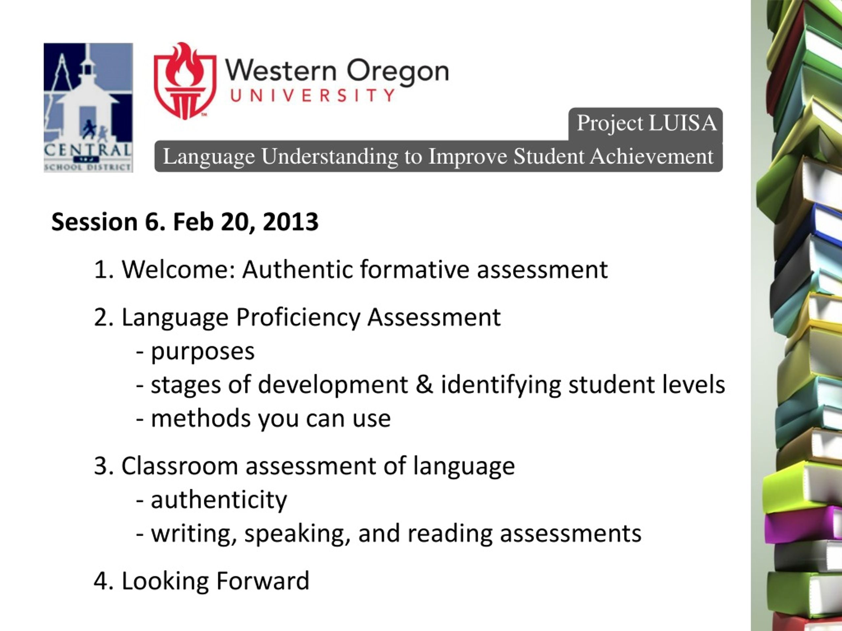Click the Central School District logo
[x=88, y=108]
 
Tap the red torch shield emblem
[x=185, y=81]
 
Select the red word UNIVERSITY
[x=312, y=95]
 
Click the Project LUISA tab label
[x=646, y=123]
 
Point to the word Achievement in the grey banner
[x=652, y=156]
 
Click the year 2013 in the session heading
[x=290, y=222]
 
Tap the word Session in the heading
[x=94, y=222]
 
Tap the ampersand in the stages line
[x=424, y=384]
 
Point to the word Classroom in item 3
[x=179, y=466]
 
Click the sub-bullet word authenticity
[x=219, y=500]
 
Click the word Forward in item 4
[x=263, y=581]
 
